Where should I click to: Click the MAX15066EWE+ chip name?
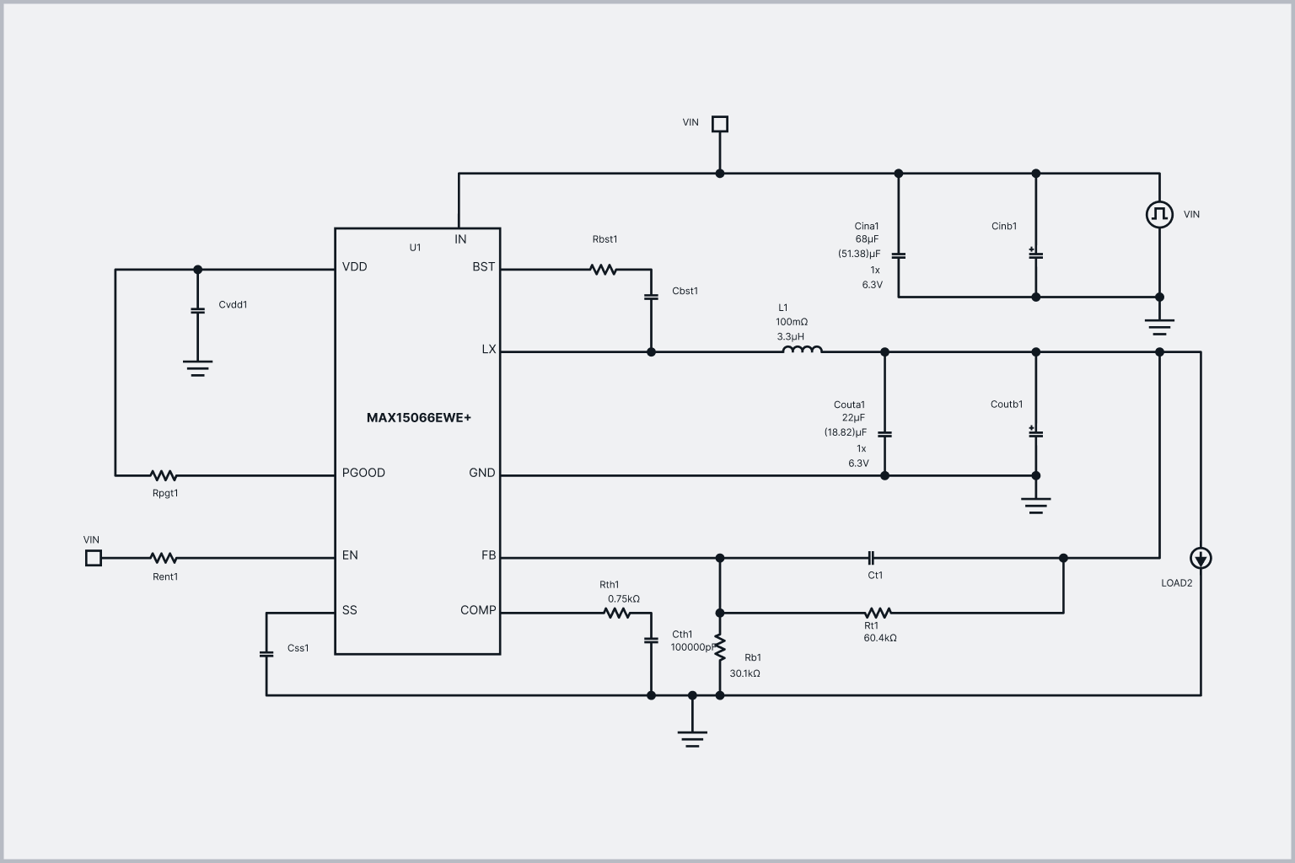pos(418,418)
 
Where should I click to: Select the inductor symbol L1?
pos(802,351)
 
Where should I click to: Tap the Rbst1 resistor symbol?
pos(603,270)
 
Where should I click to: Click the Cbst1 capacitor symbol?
pos(651,297)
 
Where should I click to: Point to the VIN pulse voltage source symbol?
pos(1159,214)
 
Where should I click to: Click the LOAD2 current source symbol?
pos(1201,558)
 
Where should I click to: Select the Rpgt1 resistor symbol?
pos(163,475)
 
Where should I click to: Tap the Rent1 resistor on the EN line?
pos(163,558)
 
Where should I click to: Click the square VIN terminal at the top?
pos(719,124)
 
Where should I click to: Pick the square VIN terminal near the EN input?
pos(94,558)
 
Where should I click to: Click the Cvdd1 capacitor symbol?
pos(198,310)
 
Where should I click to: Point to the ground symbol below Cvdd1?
pos(198,367)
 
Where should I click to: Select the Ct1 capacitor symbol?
pos(872,558)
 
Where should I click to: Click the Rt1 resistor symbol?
pos(878,613)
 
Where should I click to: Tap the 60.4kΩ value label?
pos(880,639)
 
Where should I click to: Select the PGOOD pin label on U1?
pos(363,473)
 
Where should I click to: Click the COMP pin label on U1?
pos(478,610)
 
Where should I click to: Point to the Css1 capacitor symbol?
pos(266,653)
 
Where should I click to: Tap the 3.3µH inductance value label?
pos(791,336)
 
